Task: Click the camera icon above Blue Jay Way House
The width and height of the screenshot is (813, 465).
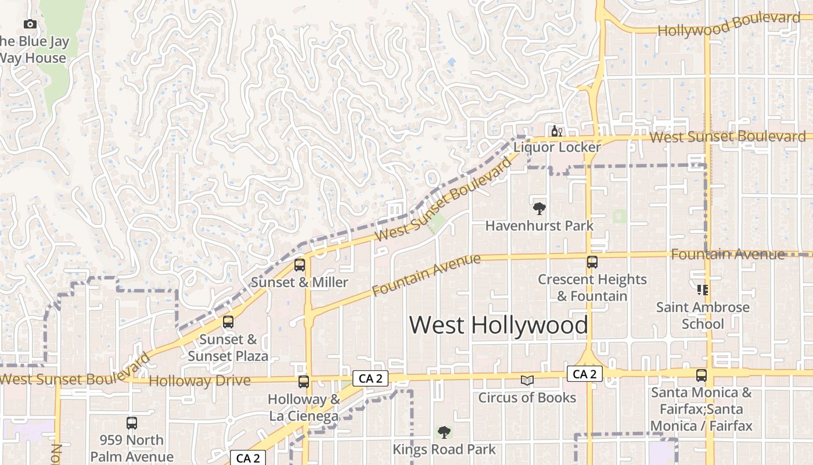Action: pos(30,24)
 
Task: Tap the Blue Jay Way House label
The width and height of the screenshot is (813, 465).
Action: pos(34,50)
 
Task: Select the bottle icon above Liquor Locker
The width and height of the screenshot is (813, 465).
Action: pos(556,131)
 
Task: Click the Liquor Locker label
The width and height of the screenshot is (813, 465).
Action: pos(556,147)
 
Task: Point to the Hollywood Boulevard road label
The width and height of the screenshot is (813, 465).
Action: pos(728,24)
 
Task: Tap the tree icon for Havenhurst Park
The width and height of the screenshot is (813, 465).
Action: pos(539,209)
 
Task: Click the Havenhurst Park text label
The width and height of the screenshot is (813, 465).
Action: pos(539,226)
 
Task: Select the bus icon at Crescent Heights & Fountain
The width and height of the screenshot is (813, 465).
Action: pos(592,262)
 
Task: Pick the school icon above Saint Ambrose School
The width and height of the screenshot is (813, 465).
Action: pos(702,289)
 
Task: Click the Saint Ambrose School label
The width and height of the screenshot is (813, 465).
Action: pos(703,315)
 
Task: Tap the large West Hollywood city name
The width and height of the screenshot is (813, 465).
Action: pos(498,325)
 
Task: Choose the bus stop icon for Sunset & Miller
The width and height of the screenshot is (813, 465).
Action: pos(300,265)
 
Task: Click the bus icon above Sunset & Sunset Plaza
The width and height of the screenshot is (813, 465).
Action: pos(228,322)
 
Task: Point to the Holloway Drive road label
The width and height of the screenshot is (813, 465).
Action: pos(200,381)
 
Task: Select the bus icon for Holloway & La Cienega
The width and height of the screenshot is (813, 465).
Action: pos(304,382)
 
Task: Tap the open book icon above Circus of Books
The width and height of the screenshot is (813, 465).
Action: pos(527,381)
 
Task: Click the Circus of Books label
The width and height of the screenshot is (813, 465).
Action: pos(527,398)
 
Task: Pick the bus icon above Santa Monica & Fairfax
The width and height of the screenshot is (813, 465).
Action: pos(702,375)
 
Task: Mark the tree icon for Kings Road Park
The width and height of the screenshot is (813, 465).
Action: pos(444,432)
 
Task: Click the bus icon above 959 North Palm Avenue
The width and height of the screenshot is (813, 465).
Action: pos(132,423)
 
